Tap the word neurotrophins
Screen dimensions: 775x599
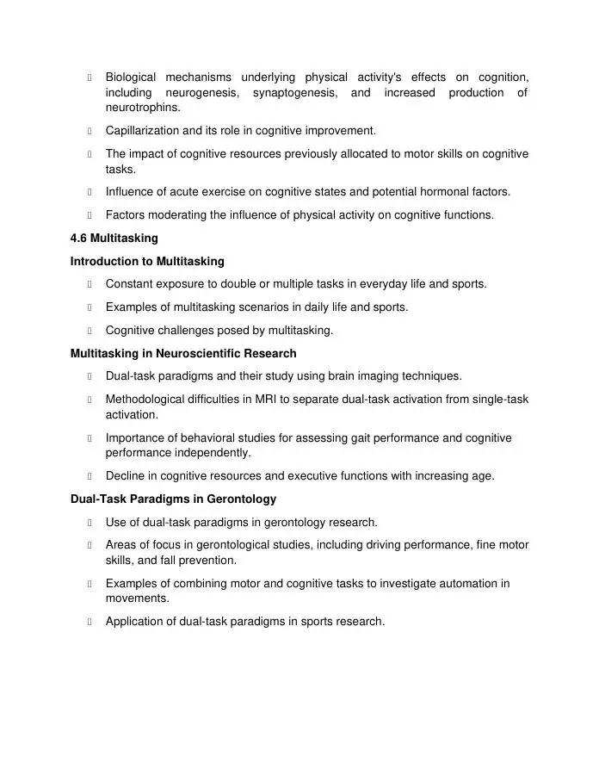point(143,108)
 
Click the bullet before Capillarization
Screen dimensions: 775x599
point(90,131)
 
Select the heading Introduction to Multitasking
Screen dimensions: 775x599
point(147,261)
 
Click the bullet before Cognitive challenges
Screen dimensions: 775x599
point(90,330)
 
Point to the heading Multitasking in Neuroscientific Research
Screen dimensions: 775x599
point(183,353)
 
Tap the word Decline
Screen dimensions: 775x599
point(126,475)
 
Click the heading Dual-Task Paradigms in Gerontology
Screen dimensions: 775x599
point(173,499)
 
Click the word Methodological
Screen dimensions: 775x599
point(151,400)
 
